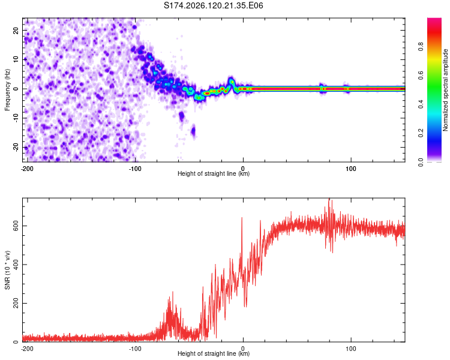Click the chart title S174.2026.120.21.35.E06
click(x=213, y=5)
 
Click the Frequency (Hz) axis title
click(x=7, y=90)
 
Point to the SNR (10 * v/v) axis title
click(x=7, y=270)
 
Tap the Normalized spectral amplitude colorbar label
click(x=445, y=90)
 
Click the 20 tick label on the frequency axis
click(x=16, y=30)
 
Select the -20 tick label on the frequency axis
click(x=16, y=146)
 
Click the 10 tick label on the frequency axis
click(x=16, y=59)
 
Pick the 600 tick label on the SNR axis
click(x=16, y=226)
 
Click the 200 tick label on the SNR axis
click(x=16, y=303)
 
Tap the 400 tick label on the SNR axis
click(x=16, y=265)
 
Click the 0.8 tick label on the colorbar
click(x=421, y=46)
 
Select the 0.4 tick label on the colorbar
click(x=421, y=104)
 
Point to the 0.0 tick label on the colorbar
click(x=421, y=162)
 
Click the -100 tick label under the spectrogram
click(x=135, y=169)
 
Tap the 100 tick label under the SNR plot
click(x=351, y=349)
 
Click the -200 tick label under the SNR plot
click(x=27, y=349)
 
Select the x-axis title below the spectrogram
click(x=214, y=173)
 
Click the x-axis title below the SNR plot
click(x=214, y=353)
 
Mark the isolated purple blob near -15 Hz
click(x=193, y=131)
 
